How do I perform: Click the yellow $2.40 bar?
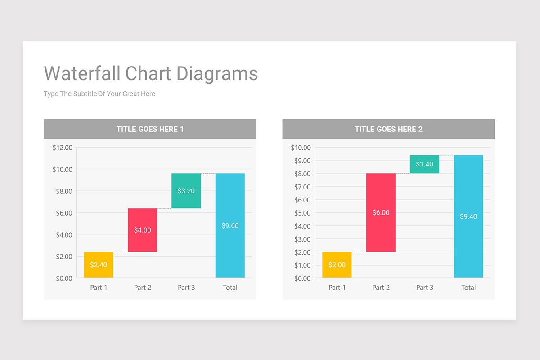coord(99,265)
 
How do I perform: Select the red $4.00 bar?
coord(143,230)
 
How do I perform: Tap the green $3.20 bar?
coord(186,191)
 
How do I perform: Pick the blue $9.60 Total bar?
coord(230,225)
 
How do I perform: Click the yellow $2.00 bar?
coord(337,265)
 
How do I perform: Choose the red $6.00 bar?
coord(381,212)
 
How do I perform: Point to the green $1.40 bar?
coord(424,164)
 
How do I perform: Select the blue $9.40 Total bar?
coord(468,216)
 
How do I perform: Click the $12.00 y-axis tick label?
coord(62,148)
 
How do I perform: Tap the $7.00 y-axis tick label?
coord(301,187)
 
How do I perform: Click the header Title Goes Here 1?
coord(150,129)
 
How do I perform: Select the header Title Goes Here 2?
coord(388,129)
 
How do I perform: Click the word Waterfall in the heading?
coord(82,73)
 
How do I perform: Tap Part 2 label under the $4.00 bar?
coord(143,288)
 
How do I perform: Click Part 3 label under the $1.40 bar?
coord(424,288)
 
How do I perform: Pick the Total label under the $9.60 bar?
coord(230,288)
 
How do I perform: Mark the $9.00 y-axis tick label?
coord(301,161)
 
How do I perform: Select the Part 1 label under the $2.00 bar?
coord(337,288)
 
